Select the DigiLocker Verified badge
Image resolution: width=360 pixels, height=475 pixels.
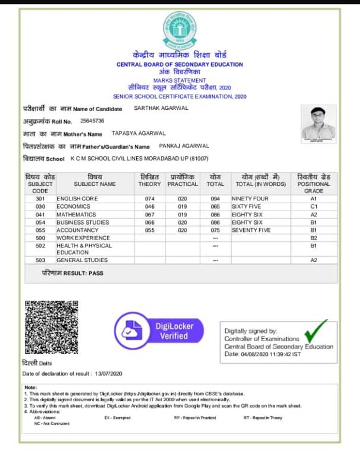pos(160,331)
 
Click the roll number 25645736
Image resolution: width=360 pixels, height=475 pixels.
pos(92,121)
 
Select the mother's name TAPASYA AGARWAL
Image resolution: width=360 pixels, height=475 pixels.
pos(138,133)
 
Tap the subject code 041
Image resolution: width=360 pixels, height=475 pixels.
pos(40,214)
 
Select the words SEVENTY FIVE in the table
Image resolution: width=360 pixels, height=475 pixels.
pos(251,229)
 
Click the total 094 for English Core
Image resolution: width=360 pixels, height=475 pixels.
pos(215,199)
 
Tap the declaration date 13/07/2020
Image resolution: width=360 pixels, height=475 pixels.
pos(108,373)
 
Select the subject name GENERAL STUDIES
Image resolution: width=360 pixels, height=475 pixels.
pos(82,260)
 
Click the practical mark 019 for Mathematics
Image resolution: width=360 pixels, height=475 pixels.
pos(182,214)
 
